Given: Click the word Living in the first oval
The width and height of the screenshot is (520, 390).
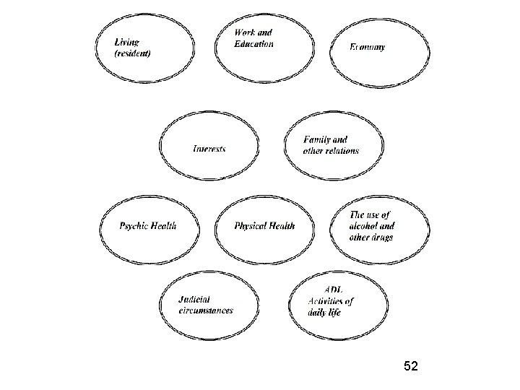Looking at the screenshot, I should pos(127,42).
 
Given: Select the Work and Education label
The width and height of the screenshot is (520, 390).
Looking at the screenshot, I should pos(253,38).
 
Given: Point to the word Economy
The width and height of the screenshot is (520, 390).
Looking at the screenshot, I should pos(368,48).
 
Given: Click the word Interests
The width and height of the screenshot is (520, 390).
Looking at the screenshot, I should pos(209,149).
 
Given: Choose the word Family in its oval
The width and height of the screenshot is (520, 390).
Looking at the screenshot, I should pos(316,140).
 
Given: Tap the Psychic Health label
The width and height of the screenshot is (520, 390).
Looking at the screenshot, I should pos(148,226).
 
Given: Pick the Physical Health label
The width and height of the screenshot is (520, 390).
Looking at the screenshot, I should pos(264,226).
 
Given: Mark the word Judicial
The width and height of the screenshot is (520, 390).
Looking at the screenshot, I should pos(195,300).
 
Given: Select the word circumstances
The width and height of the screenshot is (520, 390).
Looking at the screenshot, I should pos(206,311).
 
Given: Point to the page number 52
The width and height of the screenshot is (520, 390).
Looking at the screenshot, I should pos(411,367).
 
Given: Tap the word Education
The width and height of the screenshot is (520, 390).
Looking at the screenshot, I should pos(253,44).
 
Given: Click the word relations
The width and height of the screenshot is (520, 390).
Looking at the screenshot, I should pos(341,151).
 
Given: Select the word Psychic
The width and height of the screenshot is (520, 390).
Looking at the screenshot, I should pos(134,226).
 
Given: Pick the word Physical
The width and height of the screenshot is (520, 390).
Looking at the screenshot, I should pos(250,226).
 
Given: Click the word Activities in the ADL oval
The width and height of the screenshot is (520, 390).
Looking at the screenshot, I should pos(323,302).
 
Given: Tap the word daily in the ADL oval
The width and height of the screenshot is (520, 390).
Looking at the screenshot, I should pos(319,313).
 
